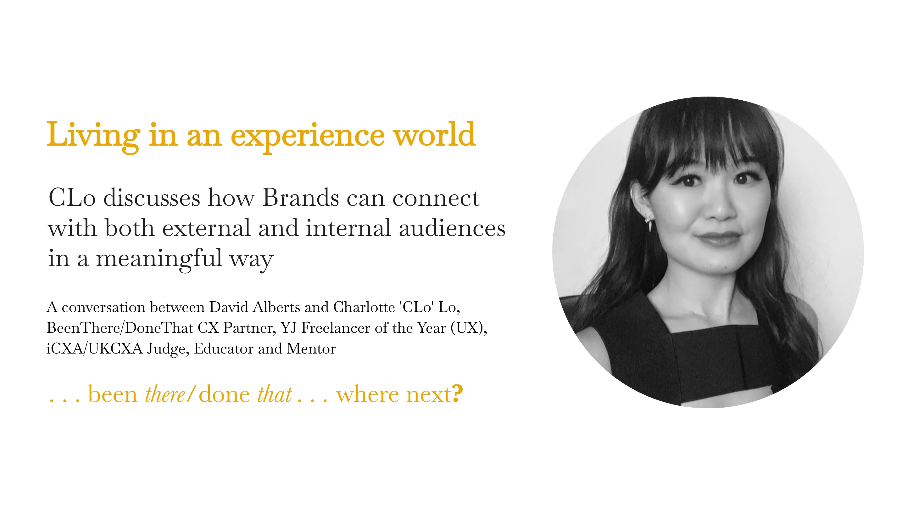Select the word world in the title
click(434, 135)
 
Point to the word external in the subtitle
click(206, 228)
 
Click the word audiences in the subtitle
click(452, 228)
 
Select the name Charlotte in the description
click(364, 307)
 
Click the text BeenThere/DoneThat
click(120, 328)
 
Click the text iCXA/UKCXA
click(95, 348)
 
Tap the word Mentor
click(311, 348)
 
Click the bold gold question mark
click(457, 393)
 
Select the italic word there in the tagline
click(164, 394)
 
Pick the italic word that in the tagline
click(274, 394)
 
